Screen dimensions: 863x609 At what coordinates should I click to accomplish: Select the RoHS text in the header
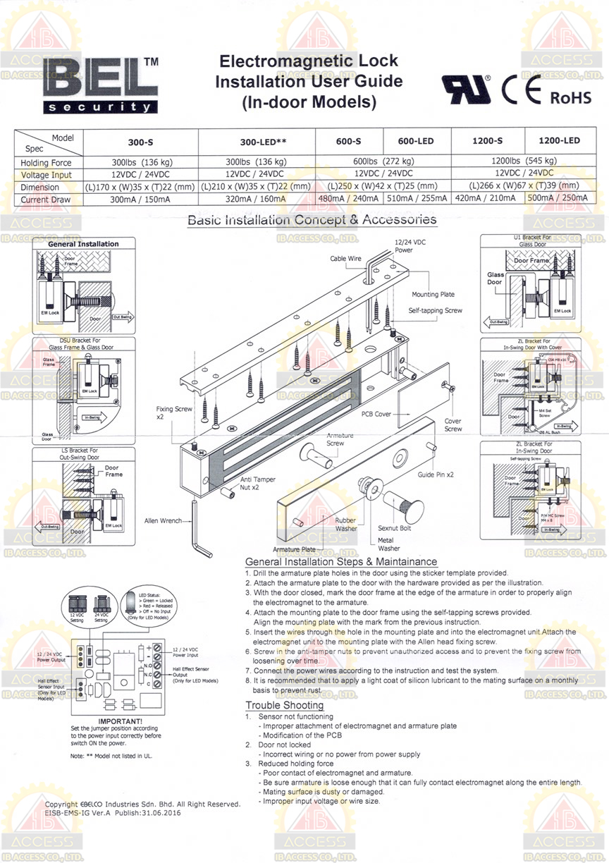[x=570, y=97]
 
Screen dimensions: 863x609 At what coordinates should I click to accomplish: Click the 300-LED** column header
[x=256, y=141]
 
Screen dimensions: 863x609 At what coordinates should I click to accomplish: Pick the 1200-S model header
[x=487, y=141]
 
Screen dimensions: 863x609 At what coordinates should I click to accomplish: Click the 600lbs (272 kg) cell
[x=383, y=161]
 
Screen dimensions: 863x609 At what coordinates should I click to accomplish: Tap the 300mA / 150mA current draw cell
[x=142, y=200]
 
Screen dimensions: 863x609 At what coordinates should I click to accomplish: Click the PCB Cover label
[x=376, y=415]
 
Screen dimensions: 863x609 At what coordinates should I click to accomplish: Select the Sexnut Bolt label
[x=395, y=527]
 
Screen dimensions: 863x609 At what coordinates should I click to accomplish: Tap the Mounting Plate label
[x=433, y=294]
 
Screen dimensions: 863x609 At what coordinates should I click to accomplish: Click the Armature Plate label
[x=295, y=548]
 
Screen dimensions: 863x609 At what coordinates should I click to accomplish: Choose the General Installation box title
[x=83, y=244]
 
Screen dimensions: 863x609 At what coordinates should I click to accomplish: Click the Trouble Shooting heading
[x=284, y=706]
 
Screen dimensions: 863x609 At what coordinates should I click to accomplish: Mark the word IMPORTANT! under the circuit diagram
[x=121, y=721]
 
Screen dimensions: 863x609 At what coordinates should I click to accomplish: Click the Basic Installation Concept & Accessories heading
[x=312, y=220]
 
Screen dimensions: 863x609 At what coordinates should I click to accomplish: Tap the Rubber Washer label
[x=346, y=524]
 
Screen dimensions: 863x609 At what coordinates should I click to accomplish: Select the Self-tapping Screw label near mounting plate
[x=436, y=310]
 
